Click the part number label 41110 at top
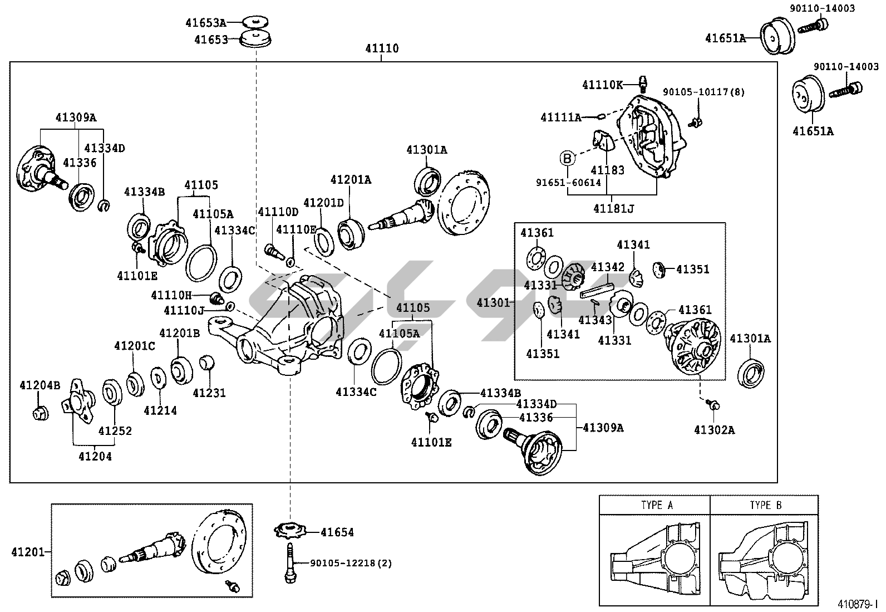382,48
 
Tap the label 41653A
206,23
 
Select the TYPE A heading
657,505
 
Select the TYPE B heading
765,505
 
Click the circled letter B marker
567,159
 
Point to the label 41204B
40,385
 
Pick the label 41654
337,532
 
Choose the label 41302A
714,429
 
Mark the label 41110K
603,85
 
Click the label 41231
209,393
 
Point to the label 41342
608,267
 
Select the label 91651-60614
568,182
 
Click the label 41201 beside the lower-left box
27,552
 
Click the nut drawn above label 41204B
39,413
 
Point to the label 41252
115,430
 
